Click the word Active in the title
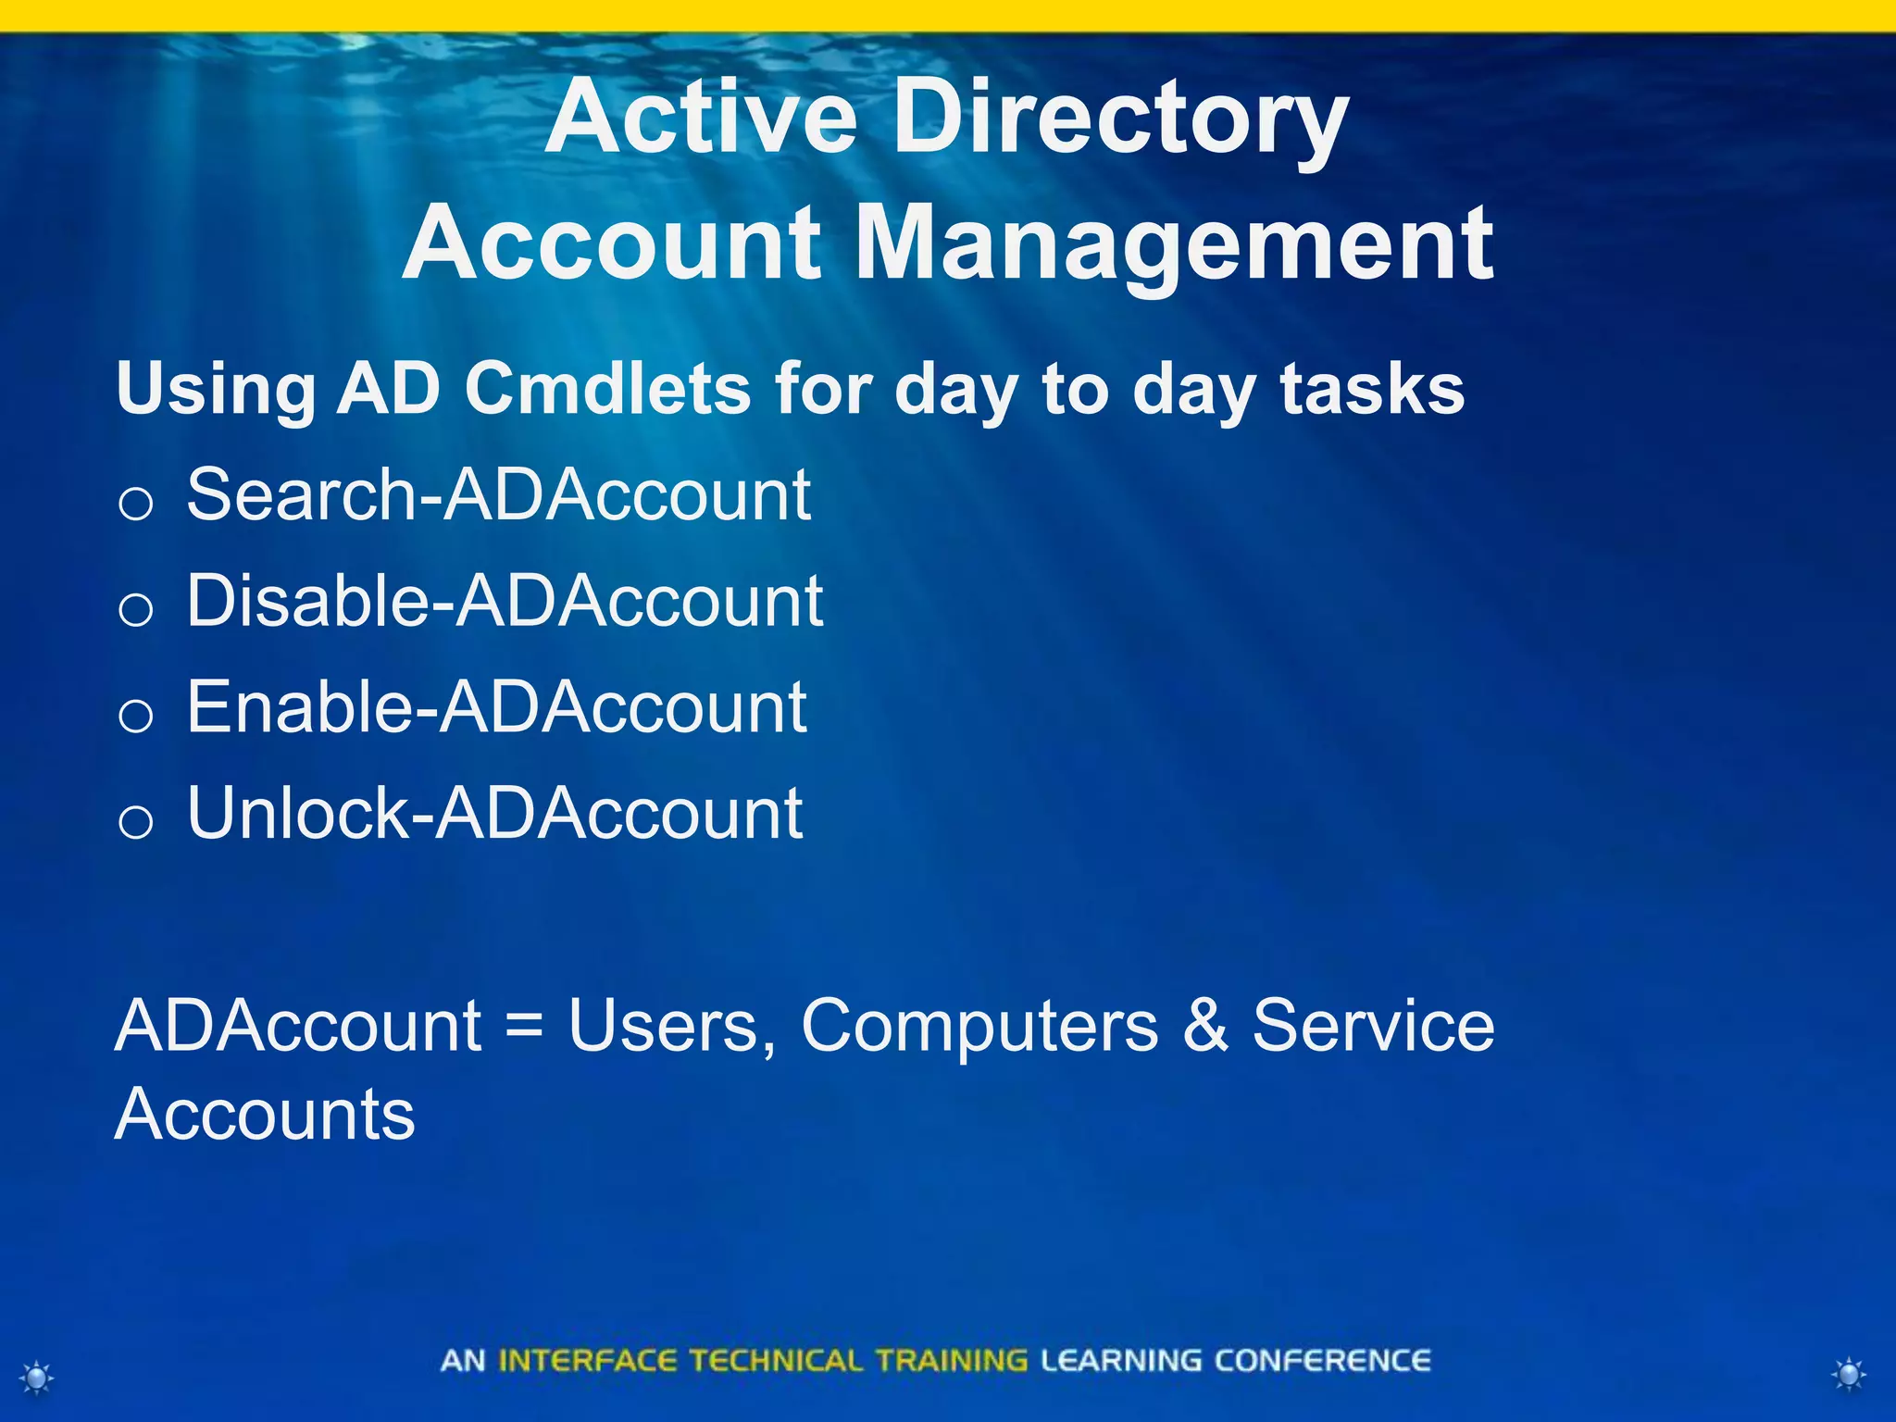tap(701, 118)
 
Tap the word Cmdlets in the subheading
tap(607, 388)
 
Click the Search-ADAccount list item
tap(498, 495)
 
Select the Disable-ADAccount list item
tap(505, 602)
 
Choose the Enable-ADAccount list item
tap(496, 707)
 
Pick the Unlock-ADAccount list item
tap(494, 814)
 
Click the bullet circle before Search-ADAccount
tap(136, 505)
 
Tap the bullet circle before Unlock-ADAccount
tap(136, 822)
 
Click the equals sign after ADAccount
tap(524, 1026)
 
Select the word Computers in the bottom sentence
tap(979, 1026)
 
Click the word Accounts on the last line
tap(265, 1114)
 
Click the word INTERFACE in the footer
tap(587, 1361)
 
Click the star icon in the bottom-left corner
tap(37, 1378)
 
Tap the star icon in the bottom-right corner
tap(1849, 1374)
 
